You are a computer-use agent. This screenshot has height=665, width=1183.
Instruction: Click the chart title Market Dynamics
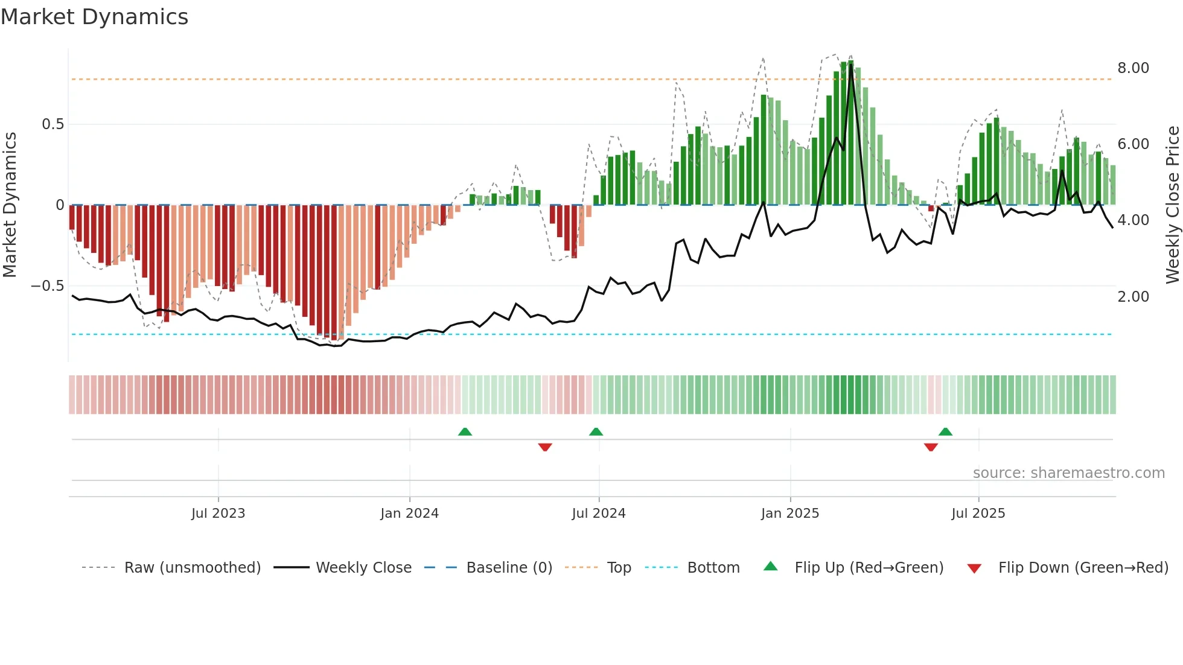tap(95, 17)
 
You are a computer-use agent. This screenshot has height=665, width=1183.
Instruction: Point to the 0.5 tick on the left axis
tap(53, 124)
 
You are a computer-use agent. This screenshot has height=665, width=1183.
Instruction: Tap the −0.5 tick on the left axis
tap(48, 285)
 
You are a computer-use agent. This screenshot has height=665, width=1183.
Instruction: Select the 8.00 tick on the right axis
tap(1133, 68)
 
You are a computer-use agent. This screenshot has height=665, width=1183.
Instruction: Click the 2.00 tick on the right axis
tap(1133, 297)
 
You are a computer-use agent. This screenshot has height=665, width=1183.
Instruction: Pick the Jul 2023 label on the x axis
tap(218, 514)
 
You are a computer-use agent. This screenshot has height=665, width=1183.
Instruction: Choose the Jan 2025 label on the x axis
tap(789, 514)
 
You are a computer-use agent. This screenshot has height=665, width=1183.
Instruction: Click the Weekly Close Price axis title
tap(1172, 205)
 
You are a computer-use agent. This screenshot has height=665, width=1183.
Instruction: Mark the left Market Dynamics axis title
tap(10, 205)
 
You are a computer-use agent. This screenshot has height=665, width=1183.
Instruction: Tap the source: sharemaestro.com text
tap(1068, 473)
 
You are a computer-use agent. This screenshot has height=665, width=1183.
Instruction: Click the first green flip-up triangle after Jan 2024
tap(465, 431)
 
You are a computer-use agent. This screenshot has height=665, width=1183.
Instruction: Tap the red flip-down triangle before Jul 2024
tap(545, 447)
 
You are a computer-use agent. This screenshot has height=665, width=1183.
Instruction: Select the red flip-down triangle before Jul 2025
tap(931, 447)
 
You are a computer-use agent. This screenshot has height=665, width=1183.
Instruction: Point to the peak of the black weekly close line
tap(850, 65)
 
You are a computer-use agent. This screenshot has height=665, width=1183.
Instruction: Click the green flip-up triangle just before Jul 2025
tap(945, 431)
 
